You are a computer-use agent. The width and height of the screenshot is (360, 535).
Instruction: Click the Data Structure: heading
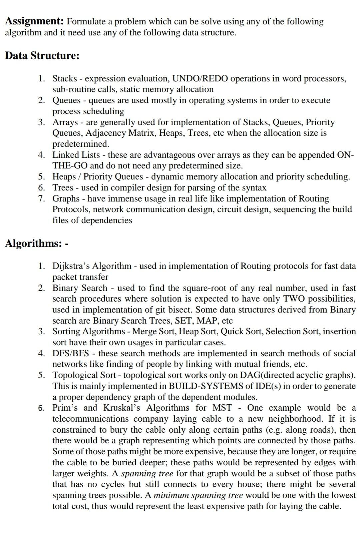click(42, 55)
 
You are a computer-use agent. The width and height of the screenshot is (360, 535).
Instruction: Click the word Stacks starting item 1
click(65, 79)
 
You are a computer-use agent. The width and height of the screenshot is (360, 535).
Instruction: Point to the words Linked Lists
click(76, 155)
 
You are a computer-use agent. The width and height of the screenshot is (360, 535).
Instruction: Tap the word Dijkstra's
click(71, 266)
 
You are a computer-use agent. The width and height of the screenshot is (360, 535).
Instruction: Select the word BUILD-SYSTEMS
click(206, 386)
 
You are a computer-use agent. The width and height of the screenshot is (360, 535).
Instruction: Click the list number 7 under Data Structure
click(41, 199)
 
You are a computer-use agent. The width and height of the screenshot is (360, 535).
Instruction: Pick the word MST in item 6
click(222, 408)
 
